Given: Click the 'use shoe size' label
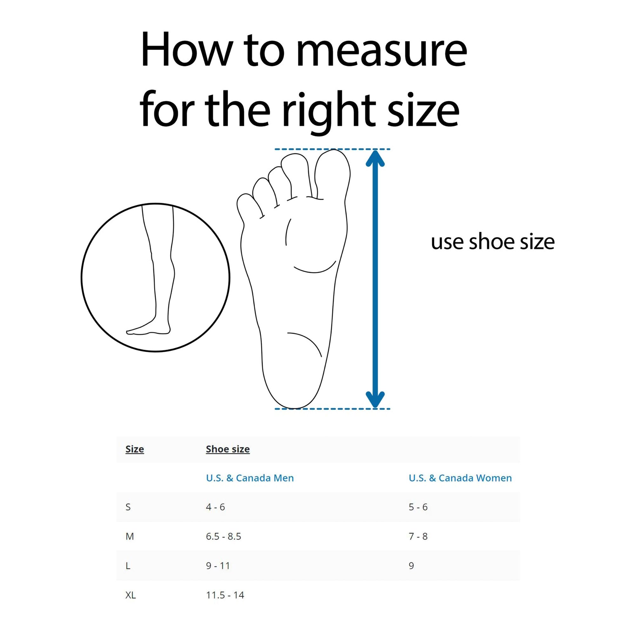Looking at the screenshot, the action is pyautogui.click(x=493, y=242).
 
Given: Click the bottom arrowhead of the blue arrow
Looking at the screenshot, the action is pyautogui.click(x=375, y=399).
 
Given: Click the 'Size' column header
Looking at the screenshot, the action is pyautogui.click(x=135, y=449).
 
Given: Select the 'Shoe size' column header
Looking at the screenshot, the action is pyautogui.click(x=228, y=449).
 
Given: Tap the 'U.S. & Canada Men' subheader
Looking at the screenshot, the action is pyautogui.click(x=250, y=478).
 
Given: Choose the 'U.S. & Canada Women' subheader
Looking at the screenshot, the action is pyautogui.click(x=460, y=478).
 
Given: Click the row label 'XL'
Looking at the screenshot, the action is pyautogui.click(x=130, y=595).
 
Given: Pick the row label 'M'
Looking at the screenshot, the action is pyautogui.click(x=130, y=536).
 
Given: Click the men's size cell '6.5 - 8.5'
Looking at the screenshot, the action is pyautogui.click(x=224, y=536).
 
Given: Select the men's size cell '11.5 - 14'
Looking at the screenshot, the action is pyautogui.click(x=225, y=595).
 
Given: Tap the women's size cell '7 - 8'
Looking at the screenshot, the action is pyautogui.click(x=418, y=536).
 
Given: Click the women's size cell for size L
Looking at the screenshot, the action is pyautogui.click(x=411, y=566).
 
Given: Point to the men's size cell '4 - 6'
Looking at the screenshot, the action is pyautogui.click(x=215, y=507).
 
